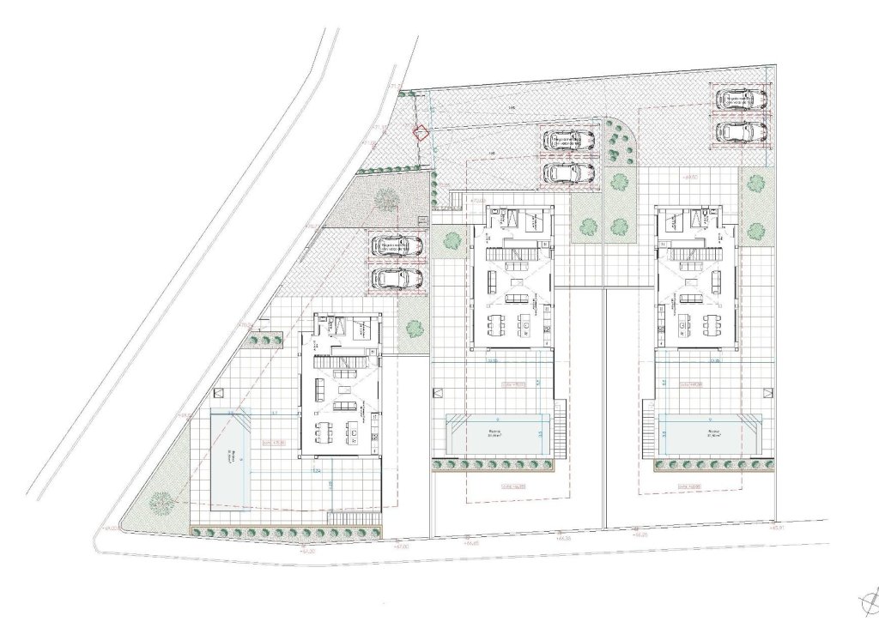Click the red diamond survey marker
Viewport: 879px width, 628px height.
click(x=421, y=132)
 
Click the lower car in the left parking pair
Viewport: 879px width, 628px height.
click(x=397, y=278)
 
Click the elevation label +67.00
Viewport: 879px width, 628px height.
click(x=401, y=546)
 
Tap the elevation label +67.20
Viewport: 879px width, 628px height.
click(x=310, y=553)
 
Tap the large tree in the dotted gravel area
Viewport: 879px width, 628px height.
click(x=386, y=198)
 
